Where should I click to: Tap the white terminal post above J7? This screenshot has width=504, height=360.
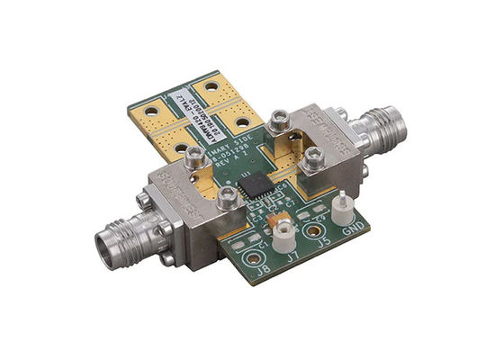(x=283, y=235)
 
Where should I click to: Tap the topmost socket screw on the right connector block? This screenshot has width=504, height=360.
(x=281, y=118)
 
